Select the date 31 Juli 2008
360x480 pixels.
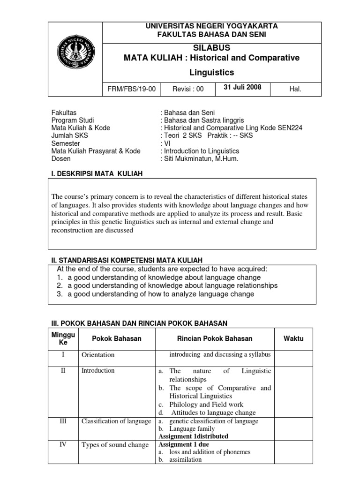(242, 87)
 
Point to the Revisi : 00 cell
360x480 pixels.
(188, 89)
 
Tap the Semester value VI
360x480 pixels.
(165, 143)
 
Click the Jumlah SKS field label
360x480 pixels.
(69, 135)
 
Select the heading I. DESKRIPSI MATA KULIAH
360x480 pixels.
(97, 174)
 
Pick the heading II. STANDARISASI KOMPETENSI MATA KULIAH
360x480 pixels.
(127, 260)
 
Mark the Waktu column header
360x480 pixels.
(293, 338)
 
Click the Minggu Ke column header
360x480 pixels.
(63, 338)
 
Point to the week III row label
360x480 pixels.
(63, 421)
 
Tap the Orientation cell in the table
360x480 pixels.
(97, 355)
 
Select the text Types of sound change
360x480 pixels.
(115, 445)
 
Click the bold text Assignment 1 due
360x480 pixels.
(184, 444)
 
